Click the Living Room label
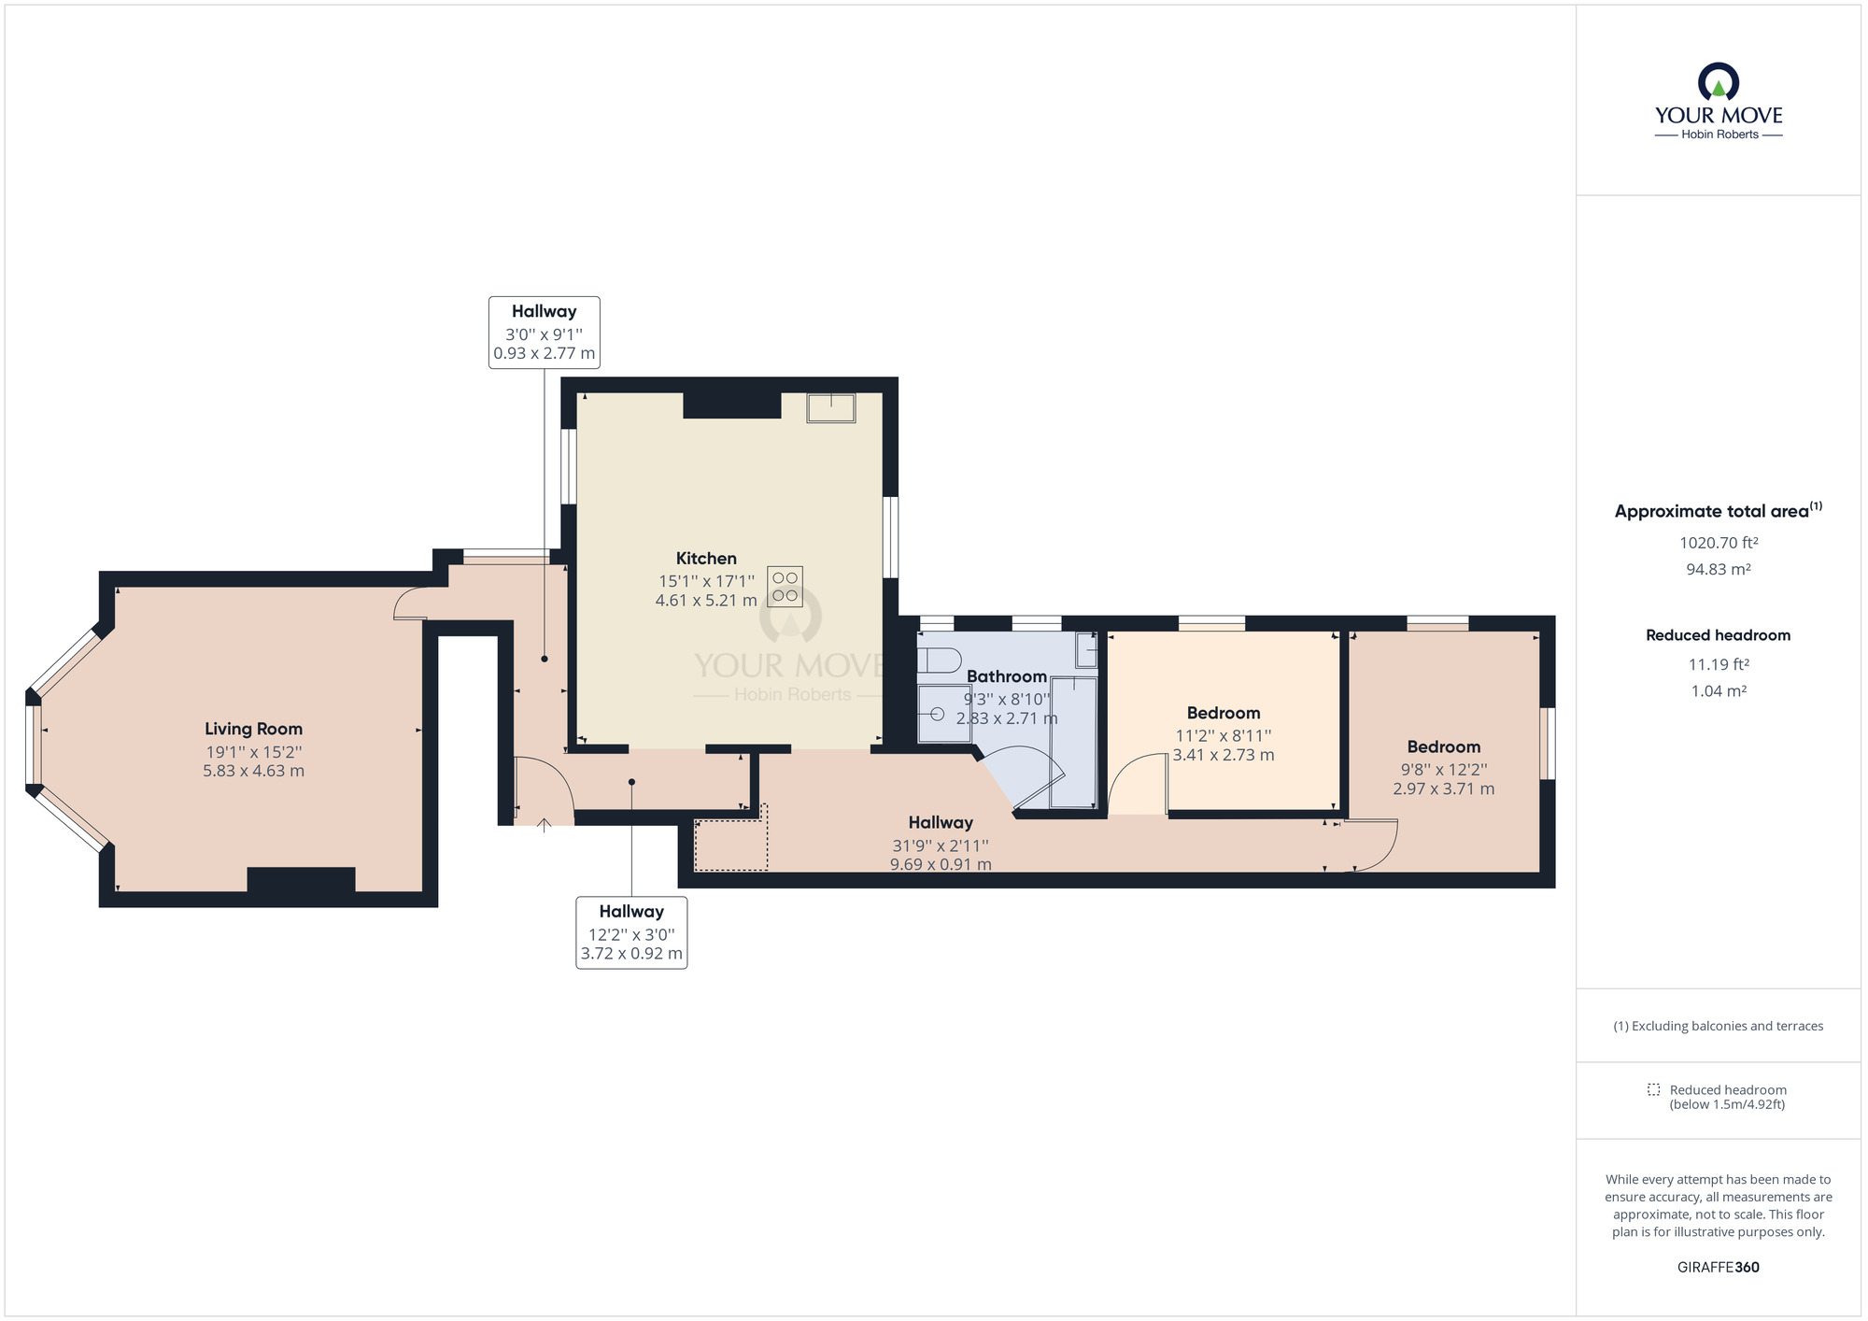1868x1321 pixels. (x=253, y=729)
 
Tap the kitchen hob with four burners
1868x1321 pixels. (x=785, y=587)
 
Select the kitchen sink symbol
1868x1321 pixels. (x=831, y=408)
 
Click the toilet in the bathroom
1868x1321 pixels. (x=938, y=660)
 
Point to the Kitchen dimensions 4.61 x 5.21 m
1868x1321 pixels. (x=706, y=601)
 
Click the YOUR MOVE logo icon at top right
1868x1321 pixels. (x=1718, y=82)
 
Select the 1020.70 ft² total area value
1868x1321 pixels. (x=1718, y=543)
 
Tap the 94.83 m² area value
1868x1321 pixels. (x=1718, y=569)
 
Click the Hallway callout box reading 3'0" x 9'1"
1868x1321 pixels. (x=544, y=333)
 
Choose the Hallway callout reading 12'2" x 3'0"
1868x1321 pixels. (x=631, y=932)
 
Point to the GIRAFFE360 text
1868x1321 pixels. (x=1718, y=1268)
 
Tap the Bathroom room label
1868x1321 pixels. (x=1006, y=676)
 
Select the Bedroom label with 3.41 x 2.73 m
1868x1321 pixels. (x=1223, y=713)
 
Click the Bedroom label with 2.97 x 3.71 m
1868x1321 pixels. (x=1443, y=746)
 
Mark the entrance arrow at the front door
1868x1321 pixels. (x=544, y=824)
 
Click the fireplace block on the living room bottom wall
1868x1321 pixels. (x=301, y=880)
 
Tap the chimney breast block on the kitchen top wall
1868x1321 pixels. (x=731, y=405)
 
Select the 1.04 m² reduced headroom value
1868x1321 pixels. (x=1718, y=691)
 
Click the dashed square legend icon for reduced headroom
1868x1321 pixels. (x=1653, y=1089)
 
